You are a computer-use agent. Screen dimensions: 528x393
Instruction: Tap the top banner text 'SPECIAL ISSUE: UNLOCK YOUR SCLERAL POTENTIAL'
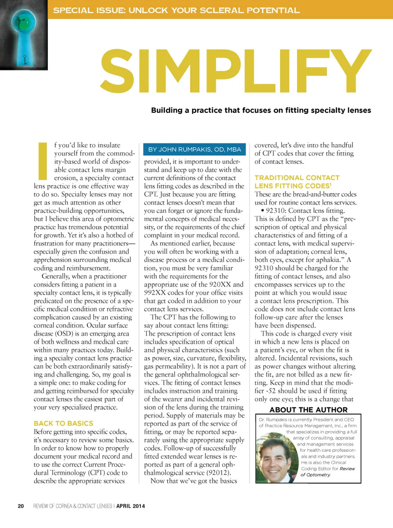[176, 10]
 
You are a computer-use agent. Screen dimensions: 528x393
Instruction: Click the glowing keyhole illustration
[24, 35]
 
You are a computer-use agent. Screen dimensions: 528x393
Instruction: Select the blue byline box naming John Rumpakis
[194, 149]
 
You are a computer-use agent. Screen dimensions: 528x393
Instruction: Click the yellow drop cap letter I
[43, 161]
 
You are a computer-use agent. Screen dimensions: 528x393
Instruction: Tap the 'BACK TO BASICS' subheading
[63, 423]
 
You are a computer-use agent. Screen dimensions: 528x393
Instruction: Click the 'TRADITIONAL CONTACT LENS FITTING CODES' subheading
[297, 182]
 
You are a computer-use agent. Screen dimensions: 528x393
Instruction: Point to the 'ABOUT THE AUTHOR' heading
[308, 410]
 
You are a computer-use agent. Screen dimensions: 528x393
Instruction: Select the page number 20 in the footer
[21, 506]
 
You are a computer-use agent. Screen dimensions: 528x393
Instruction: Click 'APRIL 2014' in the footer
[131, 506]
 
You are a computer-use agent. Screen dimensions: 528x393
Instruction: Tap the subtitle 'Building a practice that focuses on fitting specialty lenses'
[261, 110]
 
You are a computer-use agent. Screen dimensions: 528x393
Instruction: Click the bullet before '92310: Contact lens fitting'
[262, 210]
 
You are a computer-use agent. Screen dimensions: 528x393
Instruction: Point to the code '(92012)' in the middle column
[218, 473]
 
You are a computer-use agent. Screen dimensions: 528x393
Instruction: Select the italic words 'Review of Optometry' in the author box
[327, 472]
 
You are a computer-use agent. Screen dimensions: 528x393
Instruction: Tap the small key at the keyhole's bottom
[25, 60]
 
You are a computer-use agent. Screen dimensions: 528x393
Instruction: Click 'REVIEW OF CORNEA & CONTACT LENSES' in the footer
[72, 506]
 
